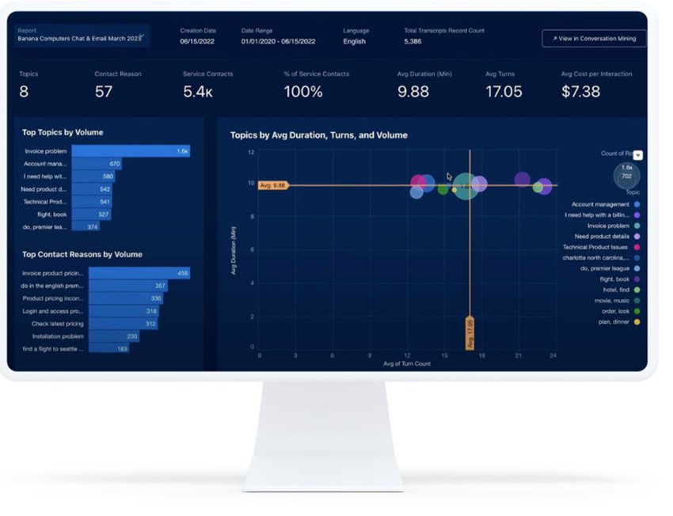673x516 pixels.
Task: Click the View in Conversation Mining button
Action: [x=594, y=38]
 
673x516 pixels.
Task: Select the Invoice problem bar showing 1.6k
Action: [x=131, y=150]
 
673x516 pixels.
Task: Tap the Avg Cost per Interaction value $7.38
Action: [x=580, y=92]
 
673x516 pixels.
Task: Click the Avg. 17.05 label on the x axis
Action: [x=470, y=333]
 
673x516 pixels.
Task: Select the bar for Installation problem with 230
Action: [x=114, y=336]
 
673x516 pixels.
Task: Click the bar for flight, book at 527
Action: [x=91, y=214]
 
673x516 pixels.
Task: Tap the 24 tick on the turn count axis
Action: [x=553, y=355]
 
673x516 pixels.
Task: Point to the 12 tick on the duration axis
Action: [x=251, y=151]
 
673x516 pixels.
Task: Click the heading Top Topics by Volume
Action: [x=63, y=132]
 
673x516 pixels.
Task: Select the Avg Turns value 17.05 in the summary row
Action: [x=504, y=92]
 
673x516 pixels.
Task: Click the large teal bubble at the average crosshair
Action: [x=466, y=186]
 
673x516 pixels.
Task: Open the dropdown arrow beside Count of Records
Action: [x=638, y=155]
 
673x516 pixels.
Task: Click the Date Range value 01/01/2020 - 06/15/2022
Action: [x=278, y=41]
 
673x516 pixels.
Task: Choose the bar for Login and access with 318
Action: [x=123, y=311]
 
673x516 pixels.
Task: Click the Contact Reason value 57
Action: [x=104, y=92]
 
